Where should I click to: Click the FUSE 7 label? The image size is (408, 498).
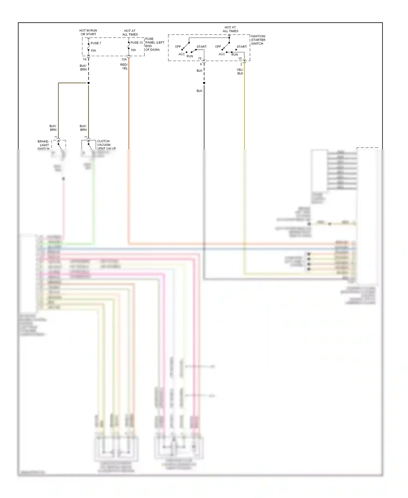tap(96, 43)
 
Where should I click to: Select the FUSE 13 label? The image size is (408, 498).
tap(137, 43)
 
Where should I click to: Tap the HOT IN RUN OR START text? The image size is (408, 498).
tap(88, 32)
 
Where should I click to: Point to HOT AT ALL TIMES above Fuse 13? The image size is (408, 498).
tap(130, 33)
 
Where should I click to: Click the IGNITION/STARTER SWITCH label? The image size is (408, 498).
tap(258, 40)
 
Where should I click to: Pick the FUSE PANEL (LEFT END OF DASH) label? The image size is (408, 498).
tap(154, 44)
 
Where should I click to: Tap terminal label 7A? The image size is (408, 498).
tap(85, 59)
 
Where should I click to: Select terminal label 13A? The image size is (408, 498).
tap(124, 59)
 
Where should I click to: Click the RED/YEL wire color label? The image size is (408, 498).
tap(124, 66)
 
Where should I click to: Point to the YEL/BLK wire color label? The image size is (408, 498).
tap(240, 72)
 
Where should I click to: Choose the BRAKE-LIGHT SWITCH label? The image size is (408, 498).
tap(44, 145)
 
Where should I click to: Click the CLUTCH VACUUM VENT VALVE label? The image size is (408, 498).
tap(106, 145)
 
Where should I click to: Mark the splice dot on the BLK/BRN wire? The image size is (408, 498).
tap(88, 83)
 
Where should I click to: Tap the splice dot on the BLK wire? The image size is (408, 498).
tap(204, 83)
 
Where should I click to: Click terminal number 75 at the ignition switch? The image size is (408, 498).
tap(200, 59)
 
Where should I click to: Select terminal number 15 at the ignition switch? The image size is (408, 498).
tap(240, 59)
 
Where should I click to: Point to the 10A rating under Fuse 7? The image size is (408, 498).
tap(93, 51)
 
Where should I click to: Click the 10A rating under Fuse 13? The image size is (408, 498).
tap(133, 50)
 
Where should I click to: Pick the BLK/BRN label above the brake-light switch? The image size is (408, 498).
tap(53, 128)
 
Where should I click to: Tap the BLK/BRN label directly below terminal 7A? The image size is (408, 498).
tap(83, 68)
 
